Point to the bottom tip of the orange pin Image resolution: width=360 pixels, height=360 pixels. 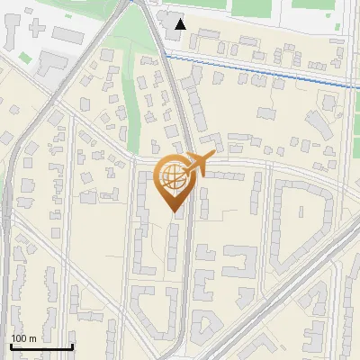(x=172, y=211)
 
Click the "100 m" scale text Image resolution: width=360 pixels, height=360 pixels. (x=24, y=338)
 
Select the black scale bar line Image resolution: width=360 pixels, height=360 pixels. (x=41, y=346)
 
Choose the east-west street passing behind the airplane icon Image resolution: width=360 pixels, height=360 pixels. (x=261, y=166)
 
